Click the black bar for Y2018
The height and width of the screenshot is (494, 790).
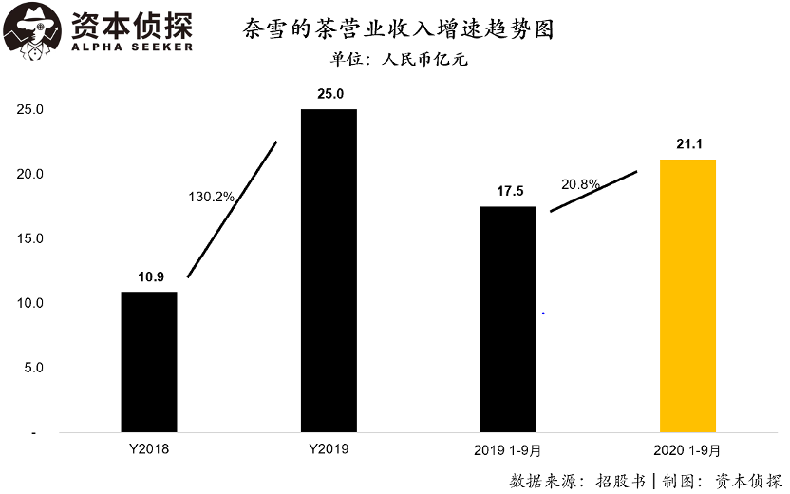pos(149,362)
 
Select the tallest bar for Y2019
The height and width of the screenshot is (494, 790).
pos(329,271)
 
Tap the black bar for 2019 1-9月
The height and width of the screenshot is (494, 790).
pos(508,319)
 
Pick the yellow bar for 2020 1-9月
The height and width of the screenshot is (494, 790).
pos(687,295)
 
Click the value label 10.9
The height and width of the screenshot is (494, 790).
pos(150,277)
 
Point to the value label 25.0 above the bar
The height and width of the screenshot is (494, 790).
pos(329,93)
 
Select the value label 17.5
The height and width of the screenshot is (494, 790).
pos(510,191)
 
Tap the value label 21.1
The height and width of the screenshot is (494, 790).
pos(689,143)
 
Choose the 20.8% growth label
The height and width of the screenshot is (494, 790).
pos(580,184)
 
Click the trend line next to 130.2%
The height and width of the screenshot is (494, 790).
pos(233,209)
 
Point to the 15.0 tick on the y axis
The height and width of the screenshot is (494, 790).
pos(31,238)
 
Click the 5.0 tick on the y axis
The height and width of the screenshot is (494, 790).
pos(34,368)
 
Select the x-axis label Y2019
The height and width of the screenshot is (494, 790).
pos(329,448)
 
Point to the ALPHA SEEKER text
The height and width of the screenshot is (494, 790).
pos(132,47)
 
